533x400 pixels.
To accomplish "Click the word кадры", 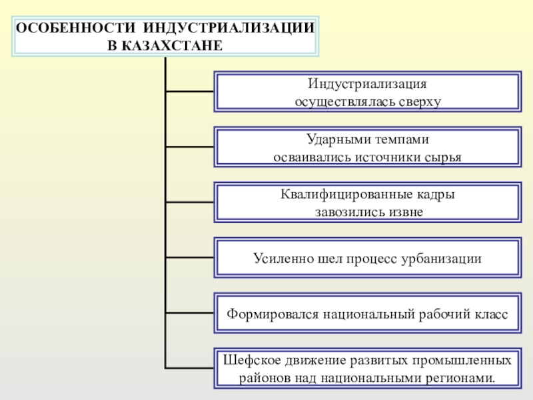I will point(435,195).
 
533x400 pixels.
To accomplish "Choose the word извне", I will point(404,212).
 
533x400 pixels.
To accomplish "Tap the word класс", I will point(491,313).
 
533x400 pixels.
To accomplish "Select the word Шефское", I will point(248,361).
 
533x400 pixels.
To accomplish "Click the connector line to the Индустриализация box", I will point(189,92).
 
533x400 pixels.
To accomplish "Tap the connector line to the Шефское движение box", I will point(189,367).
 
